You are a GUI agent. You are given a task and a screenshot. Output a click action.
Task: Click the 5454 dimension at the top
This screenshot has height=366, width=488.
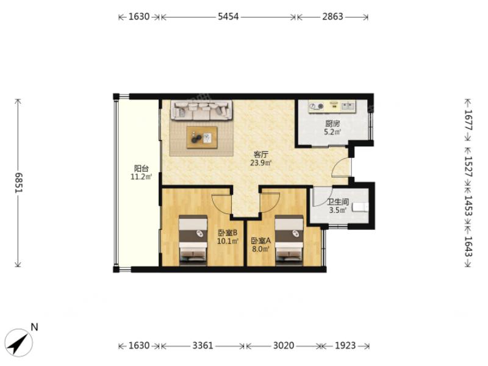228,16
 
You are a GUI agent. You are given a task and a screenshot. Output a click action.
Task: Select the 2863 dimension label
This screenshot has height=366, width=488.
332,16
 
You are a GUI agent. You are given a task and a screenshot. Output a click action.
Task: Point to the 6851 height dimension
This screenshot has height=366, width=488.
19,182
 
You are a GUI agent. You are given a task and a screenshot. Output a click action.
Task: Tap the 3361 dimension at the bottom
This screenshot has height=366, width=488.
203,345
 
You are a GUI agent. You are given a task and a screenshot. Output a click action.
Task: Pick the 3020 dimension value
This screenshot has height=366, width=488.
283,345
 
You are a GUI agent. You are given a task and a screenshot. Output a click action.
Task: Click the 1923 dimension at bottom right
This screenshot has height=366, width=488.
345,345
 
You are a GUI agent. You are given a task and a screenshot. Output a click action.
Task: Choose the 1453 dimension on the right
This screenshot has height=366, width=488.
468,206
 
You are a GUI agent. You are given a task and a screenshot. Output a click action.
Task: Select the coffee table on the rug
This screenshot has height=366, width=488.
202,137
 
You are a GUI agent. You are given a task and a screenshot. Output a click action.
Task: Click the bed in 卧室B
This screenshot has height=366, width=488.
193,240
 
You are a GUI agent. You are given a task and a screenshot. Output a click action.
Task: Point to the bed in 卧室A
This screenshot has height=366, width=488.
289,240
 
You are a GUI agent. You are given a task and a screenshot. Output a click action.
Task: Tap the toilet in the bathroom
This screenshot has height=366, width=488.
360,207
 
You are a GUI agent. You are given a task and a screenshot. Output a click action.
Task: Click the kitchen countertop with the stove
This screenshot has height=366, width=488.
332,106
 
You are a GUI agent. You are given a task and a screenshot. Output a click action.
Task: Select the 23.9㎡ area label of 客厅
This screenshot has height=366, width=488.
262,162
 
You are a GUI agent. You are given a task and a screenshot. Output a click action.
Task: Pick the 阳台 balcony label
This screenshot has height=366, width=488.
141,168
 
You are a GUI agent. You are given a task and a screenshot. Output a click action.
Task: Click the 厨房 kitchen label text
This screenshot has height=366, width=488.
332,124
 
